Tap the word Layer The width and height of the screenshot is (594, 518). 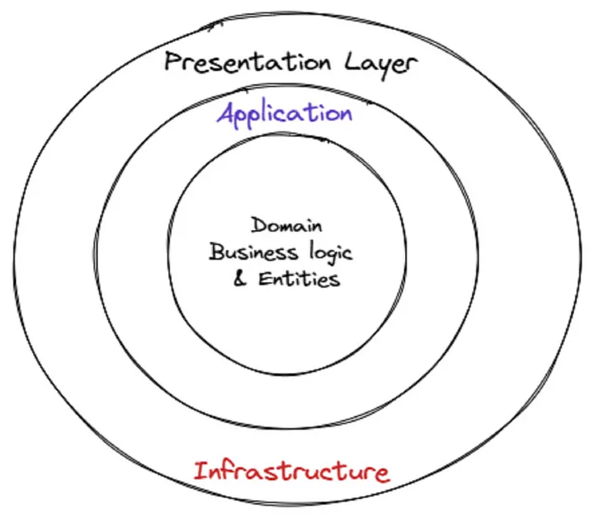[380, 64]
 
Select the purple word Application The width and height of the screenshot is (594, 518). [285, 114]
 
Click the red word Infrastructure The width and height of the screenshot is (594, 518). [290, 472]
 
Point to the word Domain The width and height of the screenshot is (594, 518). [287, 224]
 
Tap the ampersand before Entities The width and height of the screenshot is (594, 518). [240, 279]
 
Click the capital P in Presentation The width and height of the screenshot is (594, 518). [172, 62]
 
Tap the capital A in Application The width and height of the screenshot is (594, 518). [226, 114]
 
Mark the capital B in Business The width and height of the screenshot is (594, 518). [215, 252]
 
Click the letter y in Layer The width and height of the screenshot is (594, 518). [382, 66]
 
